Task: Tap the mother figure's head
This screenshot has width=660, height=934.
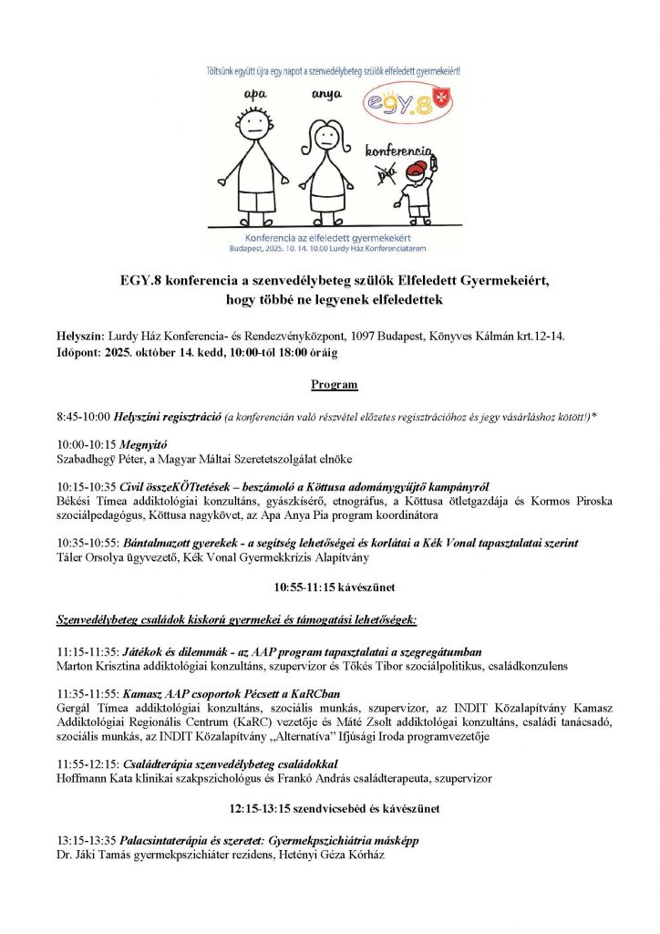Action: point(326,138)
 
